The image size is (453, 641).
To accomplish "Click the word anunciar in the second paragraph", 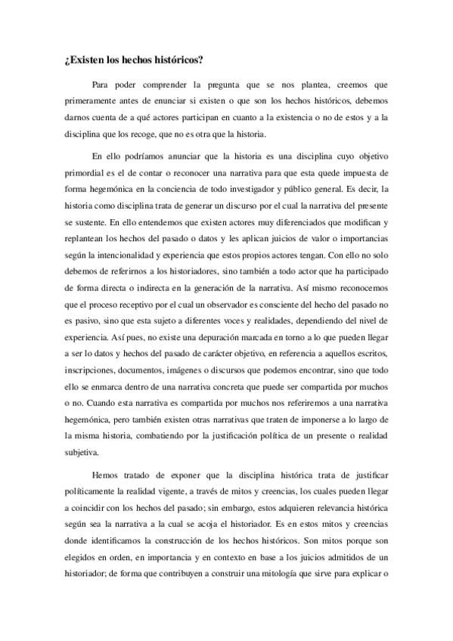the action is pyautogui.click(x=178, y=156).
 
